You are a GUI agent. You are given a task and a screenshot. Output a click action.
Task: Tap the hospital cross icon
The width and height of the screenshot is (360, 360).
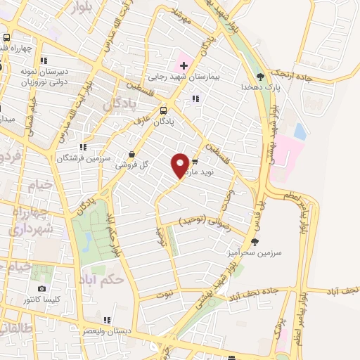point(184,65)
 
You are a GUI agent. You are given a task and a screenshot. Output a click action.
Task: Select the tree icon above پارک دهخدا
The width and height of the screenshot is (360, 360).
point(261,76)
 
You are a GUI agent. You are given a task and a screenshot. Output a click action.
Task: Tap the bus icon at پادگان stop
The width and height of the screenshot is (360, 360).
point(164,110)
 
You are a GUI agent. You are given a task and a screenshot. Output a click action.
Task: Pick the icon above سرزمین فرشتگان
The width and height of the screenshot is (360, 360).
point(82,148)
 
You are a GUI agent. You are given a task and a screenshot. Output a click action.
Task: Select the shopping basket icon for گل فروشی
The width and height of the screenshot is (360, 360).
point(132,155)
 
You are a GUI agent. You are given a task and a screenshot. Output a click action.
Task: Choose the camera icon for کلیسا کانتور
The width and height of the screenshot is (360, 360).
point(42,289)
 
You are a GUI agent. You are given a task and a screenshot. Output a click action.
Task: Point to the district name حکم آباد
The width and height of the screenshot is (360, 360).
point(103,274)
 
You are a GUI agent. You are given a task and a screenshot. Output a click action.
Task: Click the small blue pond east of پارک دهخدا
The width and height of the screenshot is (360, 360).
point(300,131)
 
